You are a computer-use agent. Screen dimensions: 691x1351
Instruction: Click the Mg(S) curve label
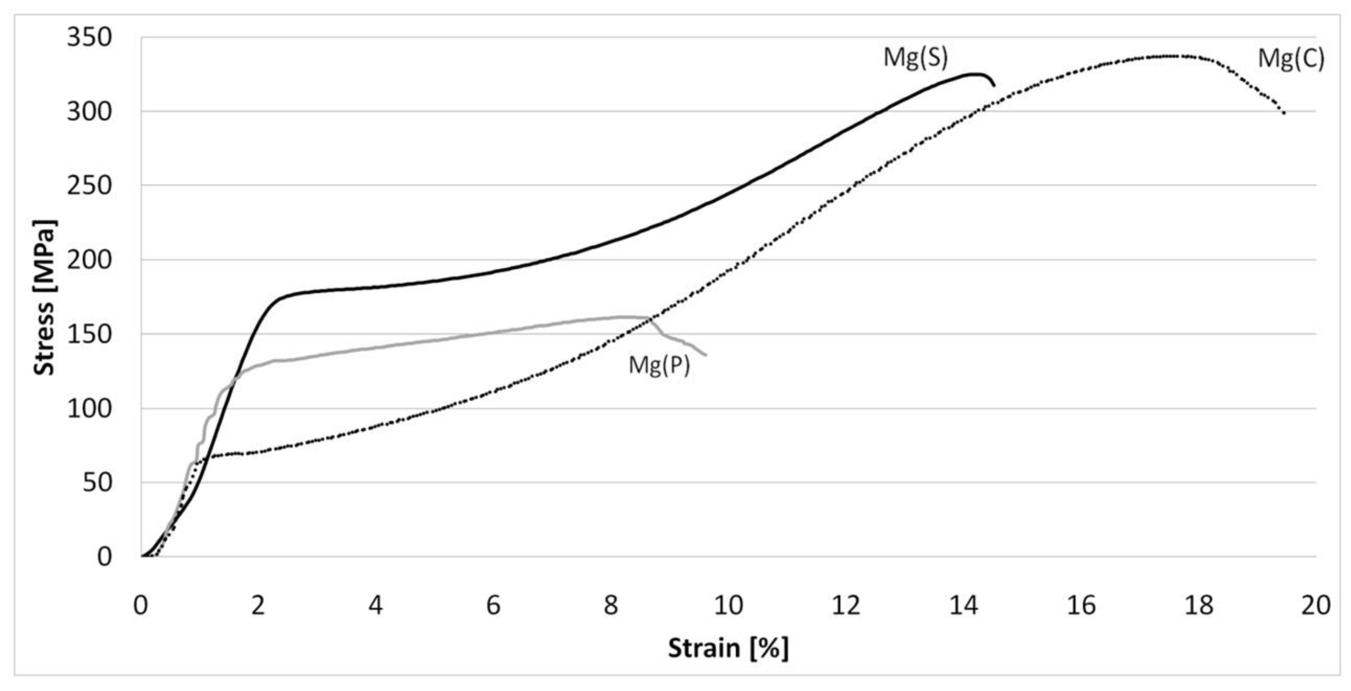pos(916,58)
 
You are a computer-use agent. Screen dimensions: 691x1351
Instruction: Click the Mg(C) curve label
pos(1291,58)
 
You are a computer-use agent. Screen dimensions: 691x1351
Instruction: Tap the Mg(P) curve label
pos(659,364)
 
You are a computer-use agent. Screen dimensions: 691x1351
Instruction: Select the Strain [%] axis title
pos(728,648)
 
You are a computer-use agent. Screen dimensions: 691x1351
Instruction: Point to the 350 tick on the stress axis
pos(89,38)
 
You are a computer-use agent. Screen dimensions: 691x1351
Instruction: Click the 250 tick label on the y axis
pos(89,186)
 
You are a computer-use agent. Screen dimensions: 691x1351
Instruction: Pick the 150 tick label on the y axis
pos(89,334)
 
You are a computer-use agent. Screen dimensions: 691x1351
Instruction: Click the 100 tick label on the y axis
pos(89,409)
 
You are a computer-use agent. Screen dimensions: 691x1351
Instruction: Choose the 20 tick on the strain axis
pos(1316,605)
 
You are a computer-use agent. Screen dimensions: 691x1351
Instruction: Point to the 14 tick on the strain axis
pos(964,605)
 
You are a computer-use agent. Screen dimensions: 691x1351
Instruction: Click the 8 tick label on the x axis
pos(610,605)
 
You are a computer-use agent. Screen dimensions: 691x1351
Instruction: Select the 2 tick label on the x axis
pos(257,605)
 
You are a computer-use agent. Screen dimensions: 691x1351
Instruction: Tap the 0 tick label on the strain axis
pos(140,605)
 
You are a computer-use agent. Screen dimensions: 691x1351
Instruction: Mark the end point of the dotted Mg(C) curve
pos(1284,113)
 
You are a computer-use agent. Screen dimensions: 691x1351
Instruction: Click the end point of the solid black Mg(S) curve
pos(994,86)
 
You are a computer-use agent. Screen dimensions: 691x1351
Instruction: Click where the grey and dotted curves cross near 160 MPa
pos(651,318)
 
